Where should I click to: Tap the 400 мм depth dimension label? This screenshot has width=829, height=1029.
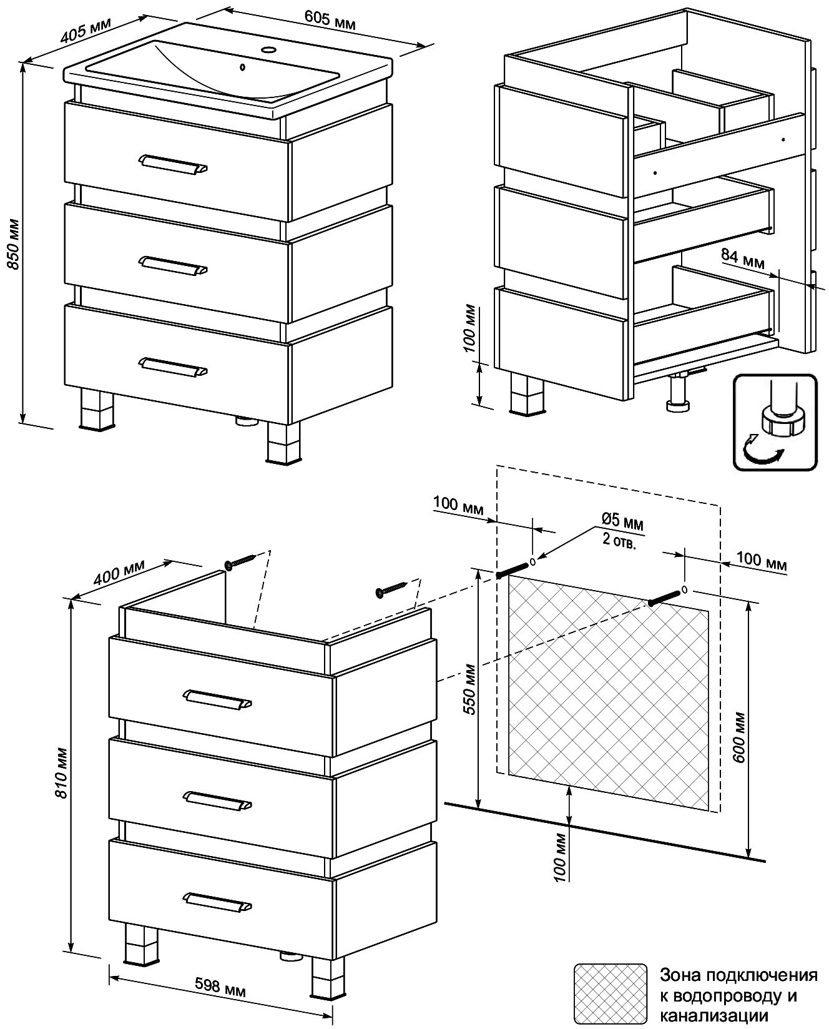[119, 572]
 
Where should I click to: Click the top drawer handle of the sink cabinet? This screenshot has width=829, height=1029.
[172, 164]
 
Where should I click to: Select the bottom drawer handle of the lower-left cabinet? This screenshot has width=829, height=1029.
[218, 902]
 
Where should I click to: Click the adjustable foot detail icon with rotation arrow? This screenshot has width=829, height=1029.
[775, 422]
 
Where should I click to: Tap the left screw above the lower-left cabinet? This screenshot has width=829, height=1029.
[241, 561]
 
